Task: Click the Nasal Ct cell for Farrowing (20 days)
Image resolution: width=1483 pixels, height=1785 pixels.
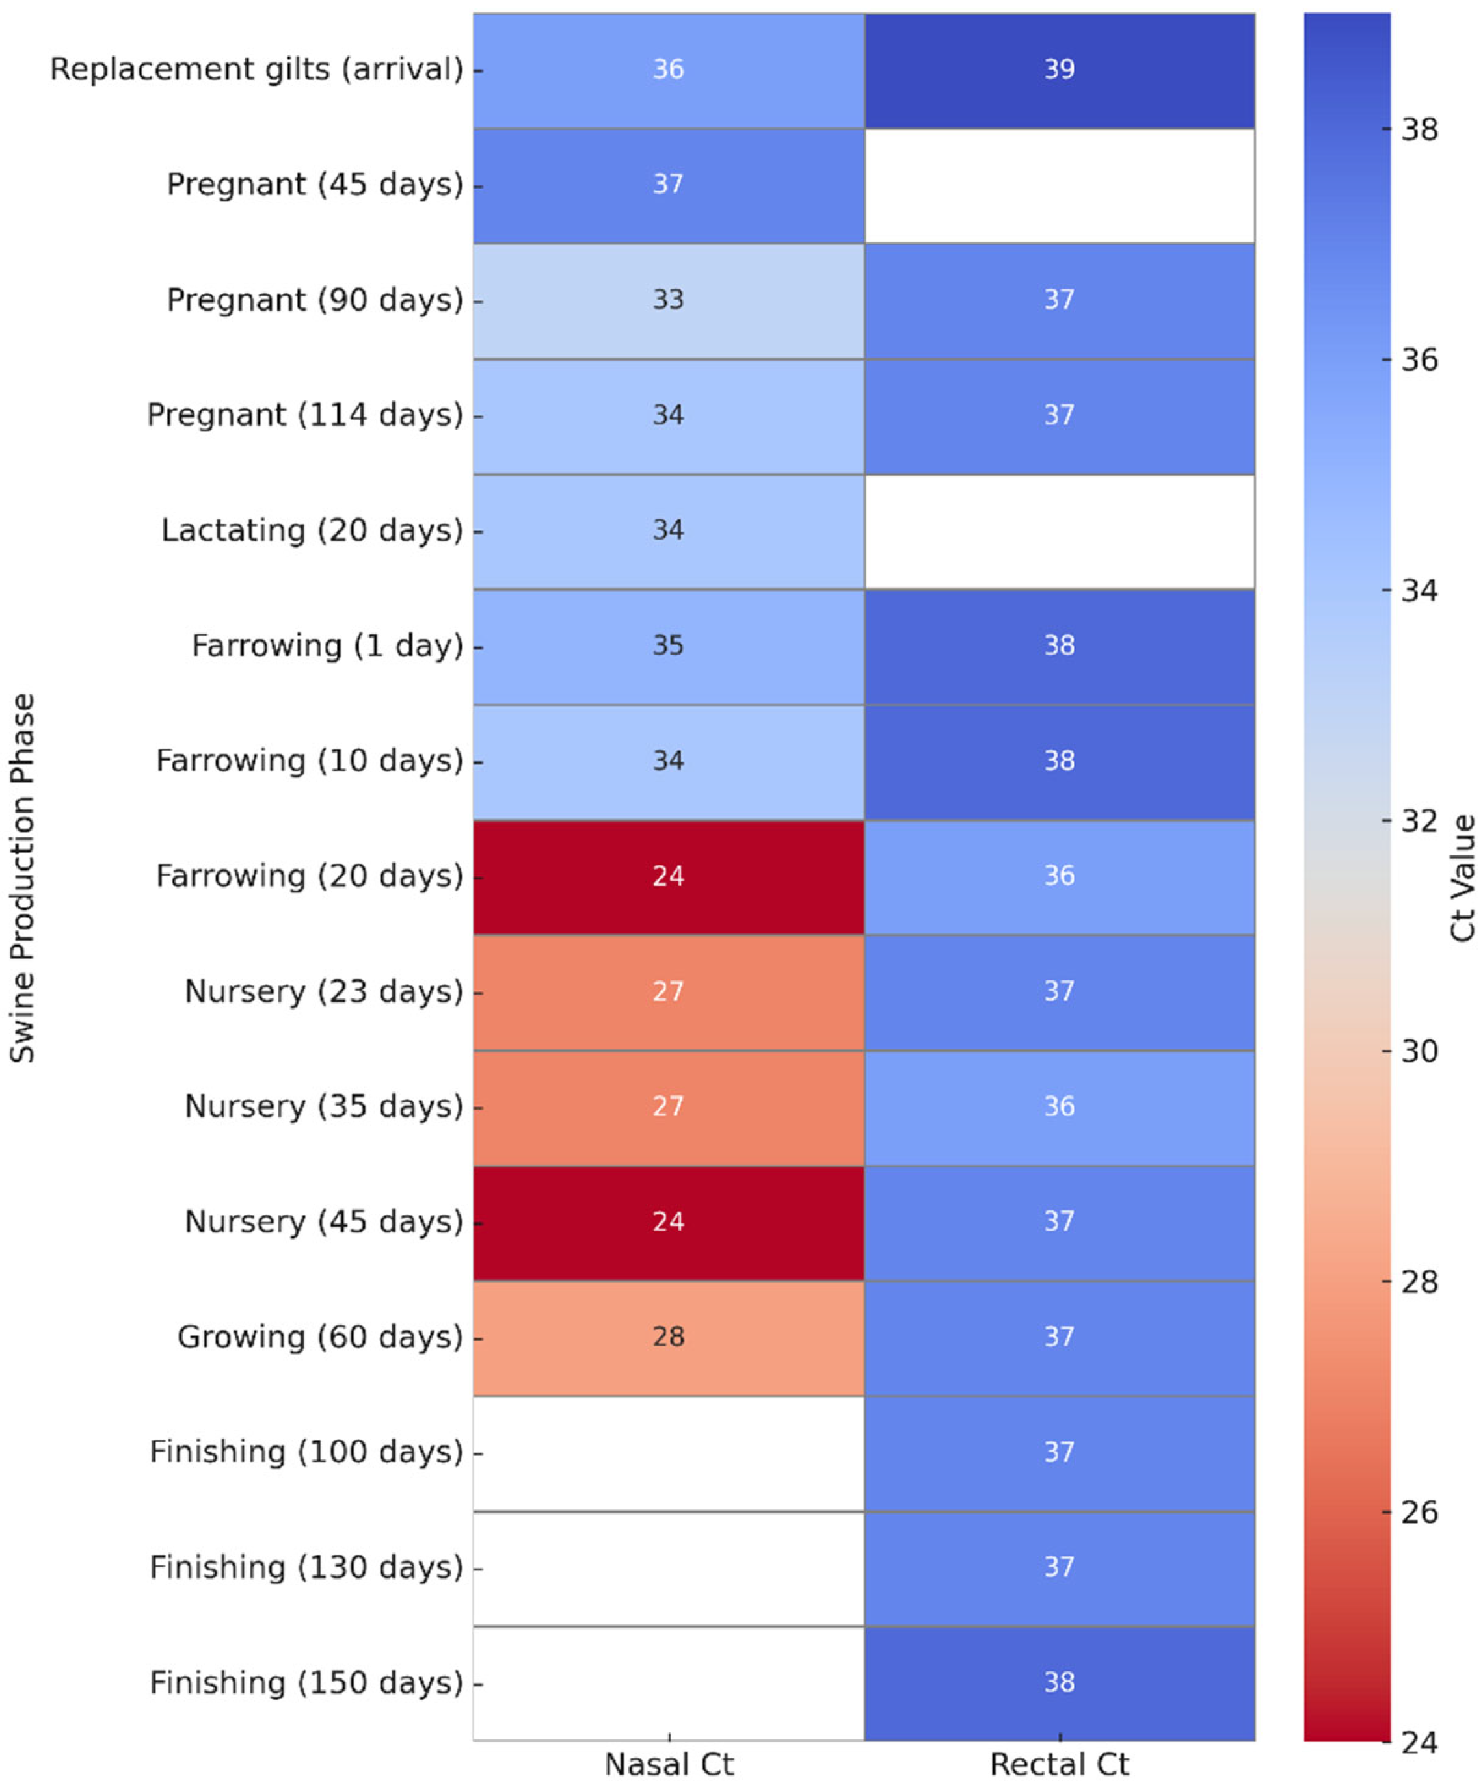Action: click(669, 876)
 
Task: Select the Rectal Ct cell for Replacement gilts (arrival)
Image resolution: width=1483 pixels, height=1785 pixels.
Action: click(1060, 70)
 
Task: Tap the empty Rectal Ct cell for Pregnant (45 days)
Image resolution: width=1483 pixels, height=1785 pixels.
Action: click(1060, 185)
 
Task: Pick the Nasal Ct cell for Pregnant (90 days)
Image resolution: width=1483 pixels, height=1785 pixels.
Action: click(669, 300)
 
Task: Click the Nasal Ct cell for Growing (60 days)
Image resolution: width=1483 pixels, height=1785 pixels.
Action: click(669, 1337)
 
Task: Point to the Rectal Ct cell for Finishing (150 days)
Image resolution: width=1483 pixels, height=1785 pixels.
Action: click(1060, 1682)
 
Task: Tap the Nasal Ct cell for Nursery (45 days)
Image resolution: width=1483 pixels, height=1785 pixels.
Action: click(669, 1222)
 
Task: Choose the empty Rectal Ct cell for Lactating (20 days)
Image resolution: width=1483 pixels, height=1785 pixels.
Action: click(1060, 530)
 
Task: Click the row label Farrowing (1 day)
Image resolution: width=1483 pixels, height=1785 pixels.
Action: click(327, 646)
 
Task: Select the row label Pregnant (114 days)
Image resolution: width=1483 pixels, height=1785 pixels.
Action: click(304, 415)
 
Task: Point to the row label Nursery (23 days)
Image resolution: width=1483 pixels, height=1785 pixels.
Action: click(324, 992)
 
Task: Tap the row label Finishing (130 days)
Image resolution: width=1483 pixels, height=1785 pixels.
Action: click(306, 1567)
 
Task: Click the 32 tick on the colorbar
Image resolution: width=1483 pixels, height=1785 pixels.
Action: click(1419, 821)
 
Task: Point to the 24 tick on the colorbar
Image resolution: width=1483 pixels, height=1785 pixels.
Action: click(1419, 1743)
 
